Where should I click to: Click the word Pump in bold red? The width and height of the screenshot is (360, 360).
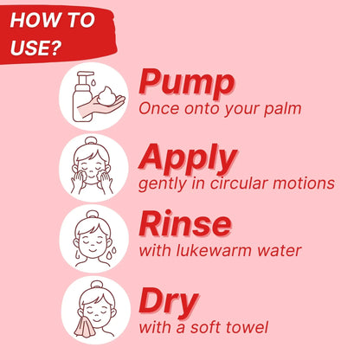[x=186, y=82]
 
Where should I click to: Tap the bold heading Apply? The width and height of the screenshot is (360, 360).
[x=188, y=158]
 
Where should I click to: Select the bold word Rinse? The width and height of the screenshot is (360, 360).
[x=185, y=223]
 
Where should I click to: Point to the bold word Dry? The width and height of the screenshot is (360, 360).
[x=169, y=303]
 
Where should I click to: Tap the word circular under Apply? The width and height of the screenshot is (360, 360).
[x=239, y=183]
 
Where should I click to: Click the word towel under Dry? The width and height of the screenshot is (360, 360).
[x=247, y=327]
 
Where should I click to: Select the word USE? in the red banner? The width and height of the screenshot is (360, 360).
[x=36, y=48]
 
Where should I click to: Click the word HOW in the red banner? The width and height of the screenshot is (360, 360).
[x=29, y=20]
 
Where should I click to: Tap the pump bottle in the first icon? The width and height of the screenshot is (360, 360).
[x=84, y=97]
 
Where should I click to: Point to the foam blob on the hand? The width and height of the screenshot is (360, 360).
[x=107, y=95]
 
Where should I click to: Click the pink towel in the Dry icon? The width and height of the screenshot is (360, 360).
[x=85, y=327]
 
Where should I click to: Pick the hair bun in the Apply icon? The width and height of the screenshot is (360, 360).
[x=91, y=142]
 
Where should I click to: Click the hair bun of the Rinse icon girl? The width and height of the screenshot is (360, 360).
[x=93, y=215]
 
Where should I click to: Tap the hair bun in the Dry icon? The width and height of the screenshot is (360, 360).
[x=97, y=286]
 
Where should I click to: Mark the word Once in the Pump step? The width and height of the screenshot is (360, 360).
[x=158, y=108]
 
